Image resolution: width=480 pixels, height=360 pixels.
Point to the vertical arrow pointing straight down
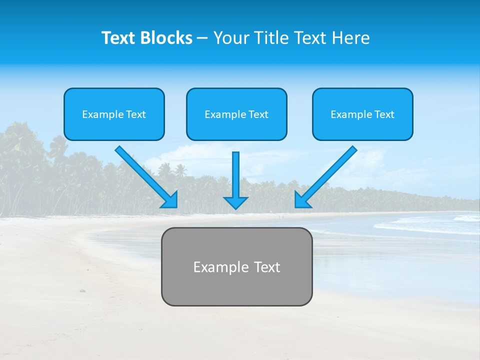click(235, 175)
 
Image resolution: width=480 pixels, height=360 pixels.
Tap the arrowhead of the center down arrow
click(235, 202)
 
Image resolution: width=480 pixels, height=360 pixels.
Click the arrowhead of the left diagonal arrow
click(170, 200)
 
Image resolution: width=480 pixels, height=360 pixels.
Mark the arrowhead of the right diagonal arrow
click(301, 200)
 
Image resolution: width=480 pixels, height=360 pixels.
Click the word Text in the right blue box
click(384, 114)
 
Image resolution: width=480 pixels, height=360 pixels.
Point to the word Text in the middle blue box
click(258, 114)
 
